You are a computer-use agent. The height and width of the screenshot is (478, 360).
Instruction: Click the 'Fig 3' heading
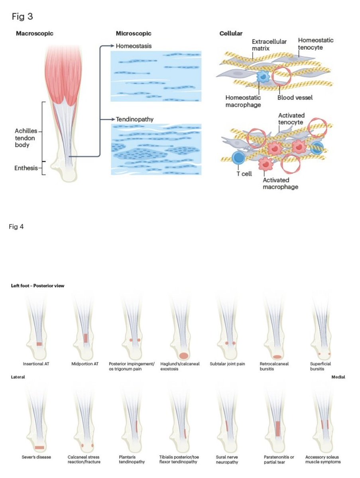(x=22, y=18)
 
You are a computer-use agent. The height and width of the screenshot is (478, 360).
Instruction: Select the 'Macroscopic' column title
(x=34, y=33)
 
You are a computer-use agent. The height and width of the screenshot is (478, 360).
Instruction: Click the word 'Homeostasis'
(x=134, y=46)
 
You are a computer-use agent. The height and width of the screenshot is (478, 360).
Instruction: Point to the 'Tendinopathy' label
(x=135, y=119)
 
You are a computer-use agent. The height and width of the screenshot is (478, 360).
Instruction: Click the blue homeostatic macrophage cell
(x=264, y=76)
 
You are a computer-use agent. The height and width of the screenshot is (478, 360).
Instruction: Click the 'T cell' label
(x=244, y=174)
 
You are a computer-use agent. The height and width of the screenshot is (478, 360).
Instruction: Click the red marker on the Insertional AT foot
(x=39, y=343)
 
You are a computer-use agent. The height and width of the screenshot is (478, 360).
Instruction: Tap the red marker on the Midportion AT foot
(x=85, y=338)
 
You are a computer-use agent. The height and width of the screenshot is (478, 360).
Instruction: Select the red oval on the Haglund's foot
(x=183, y=355)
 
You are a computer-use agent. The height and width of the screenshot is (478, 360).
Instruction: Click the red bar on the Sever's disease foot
(x=39, y=447)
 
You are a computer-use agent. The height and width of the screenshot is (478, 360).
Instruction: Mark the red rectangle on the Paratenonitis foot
(x=278, y=429)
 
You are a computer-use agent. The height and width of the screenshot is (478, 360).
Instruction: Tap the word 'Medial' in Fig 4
(x=338, y=376)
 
